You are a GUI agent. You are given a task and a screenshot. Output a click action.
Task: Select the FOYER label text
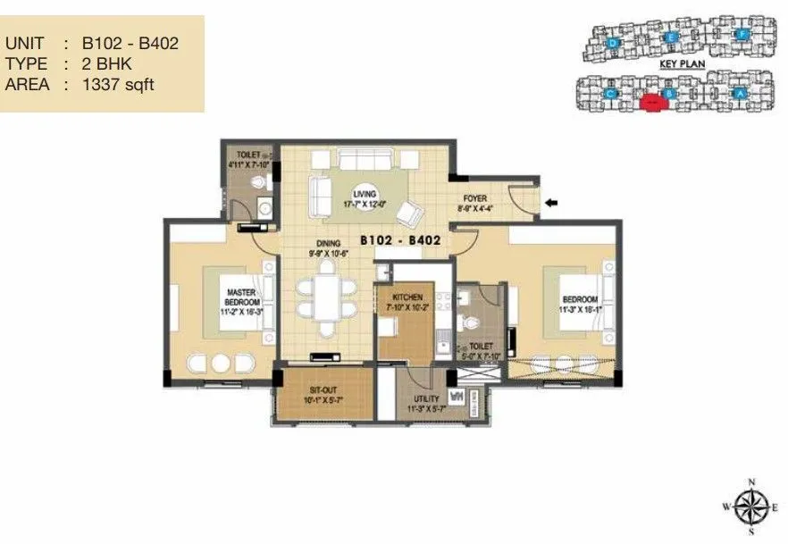(x=474, y=199)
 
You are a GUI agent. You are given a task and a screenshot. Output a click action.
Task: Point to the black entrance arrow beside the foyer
(x=553, y=203)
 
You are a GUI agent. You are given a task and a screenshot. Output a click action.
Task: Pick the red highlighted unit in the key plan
(x=653, y=102)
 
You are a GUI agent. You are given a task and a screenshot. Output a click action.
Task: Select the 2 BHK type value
(x=106, y=63)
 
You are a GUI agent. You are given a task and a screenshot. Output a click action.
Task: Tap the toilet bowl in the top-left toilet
(x=258, y=183)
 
